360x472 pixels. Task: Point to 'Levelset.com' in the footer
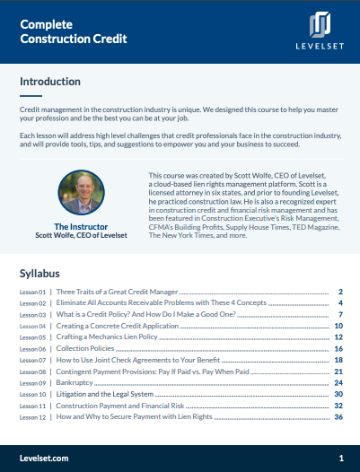click(44, 458)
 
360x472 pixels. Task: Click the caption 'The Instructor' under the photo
click(83, 226)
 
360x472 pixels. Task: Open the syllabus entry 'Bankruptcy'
click(79, 382)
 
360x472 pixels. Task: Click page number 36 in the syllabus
click(338, 416)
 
